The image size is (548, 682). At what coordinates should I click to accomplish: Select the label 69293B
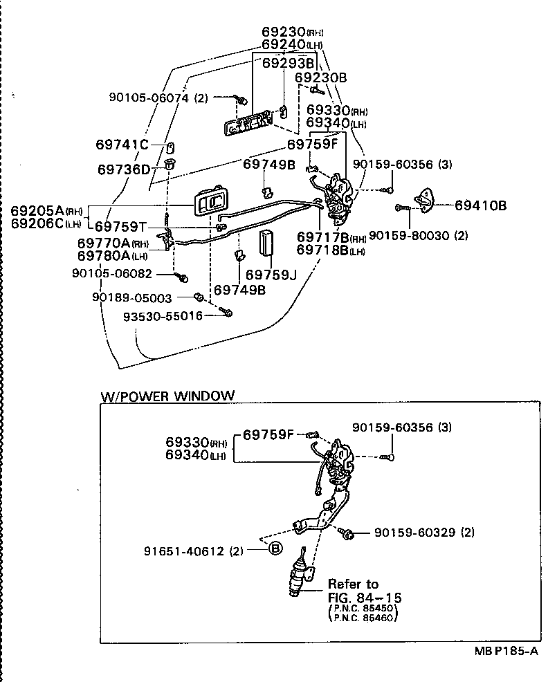coord(288,63)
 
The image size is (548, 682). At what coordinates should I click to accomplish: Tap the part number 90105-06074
coord(148,98)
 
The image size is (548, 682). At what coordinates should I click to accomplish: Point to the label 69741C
coord(122,145)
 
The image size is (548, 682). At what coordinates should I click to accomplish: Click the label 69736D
coord(123,169)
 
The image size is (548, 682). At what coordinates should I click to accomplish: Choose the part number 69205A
coord(37,210)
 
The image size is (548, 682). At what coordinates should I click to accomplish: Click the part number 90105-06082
coord(121,273)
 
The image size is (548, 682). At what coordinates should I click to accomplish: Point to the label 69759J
coord(271,275)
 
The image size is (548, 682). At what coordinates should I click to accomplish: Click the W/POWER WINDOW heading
coord(167,396)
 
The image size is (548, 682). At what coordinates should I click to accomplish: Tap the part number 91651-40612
coord(183,551)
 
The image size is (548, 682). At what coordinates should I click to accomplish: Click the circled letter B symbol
coord(275,549)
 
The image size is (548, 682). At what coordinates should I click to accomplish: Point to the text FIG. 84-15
coord(365,597)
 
